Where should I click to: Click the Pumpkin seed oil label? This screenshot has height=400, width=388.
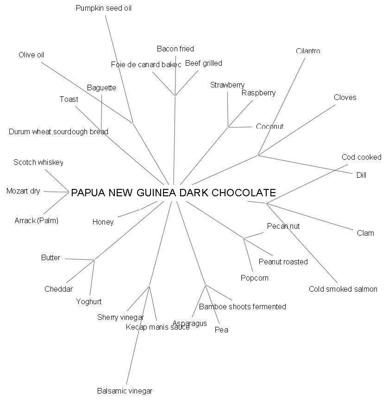click(x=103, y=8)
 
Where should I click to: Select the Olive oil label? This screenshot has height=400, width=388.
click(x=31, y=55)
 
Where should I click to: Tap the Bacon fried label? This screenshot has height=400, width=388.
click(x=175, y=49)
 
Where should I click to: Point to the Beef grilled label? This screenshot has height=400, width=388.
click(x=203, y=63)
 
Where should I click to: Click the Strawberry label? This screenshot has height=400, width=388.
click(x=227, y=85)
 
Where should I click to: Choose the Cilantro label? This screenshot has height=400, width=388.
click(x=308, y=51)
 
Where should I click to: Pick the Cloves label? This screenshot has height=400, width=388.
click(x=345, y=98)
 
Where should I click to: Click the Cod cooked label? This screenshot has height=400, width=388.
click(x=361, y=157)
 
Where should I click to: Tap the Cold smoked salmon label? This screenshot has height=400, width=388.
click(x=343, y=289)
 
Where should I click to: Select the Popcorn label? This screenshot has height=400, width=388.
click(x=254, y=278)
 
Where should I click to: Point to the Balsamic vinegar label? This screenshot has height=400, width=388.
click(x=125, y=391)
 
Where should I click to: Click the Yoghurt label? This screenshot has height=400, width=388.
click(x=88, y=302)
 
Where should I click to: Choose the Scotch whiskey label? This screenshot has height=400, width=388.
click(x=38, y=162)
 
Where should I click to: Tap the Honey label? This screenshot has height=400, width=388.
click(x=103, y=222)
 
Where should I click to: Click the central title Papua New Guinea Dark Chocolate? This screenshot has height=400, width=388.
click(x=173, y=193)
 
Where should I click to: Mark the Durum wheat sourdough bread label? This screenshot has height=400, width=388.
click(x=58, y=132)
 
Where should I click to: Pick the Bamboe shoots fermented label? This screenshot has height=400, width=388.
click(x=242, y=307)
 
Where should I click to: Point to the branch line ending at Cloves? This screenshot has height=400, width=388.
click(x=296, y=130)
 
